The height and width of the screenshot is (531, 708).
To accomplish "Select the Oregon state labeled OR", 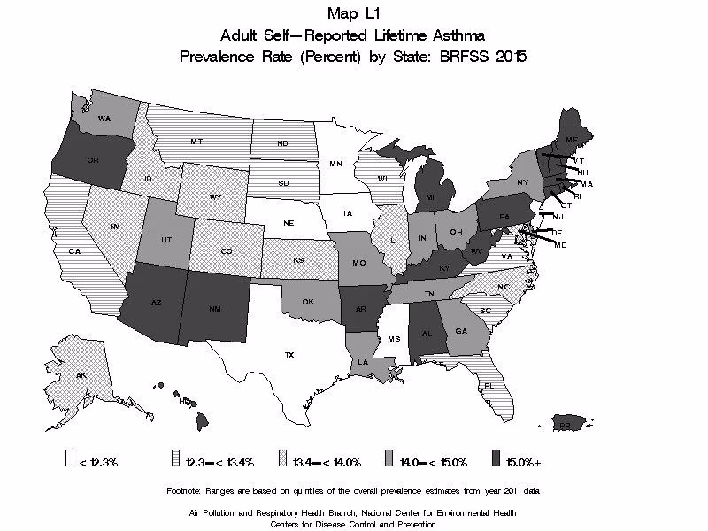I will (92, 159).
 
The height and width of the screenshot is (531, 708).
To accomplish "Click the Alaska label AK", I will (81, 376).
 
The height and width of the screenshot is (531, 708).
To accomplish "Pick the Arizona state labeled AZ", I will (156, 303).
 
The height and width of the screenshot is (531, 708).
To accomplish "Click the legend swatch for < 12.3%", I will (68, 460).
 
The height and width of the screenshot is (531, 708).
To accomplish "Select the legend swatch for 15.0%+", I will (497, 460).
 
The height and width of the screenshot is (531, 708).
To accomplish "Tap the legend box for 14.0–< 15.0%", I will (390, 460).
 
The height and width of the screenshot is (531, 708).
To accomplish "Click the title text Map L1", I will (353, 12).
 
